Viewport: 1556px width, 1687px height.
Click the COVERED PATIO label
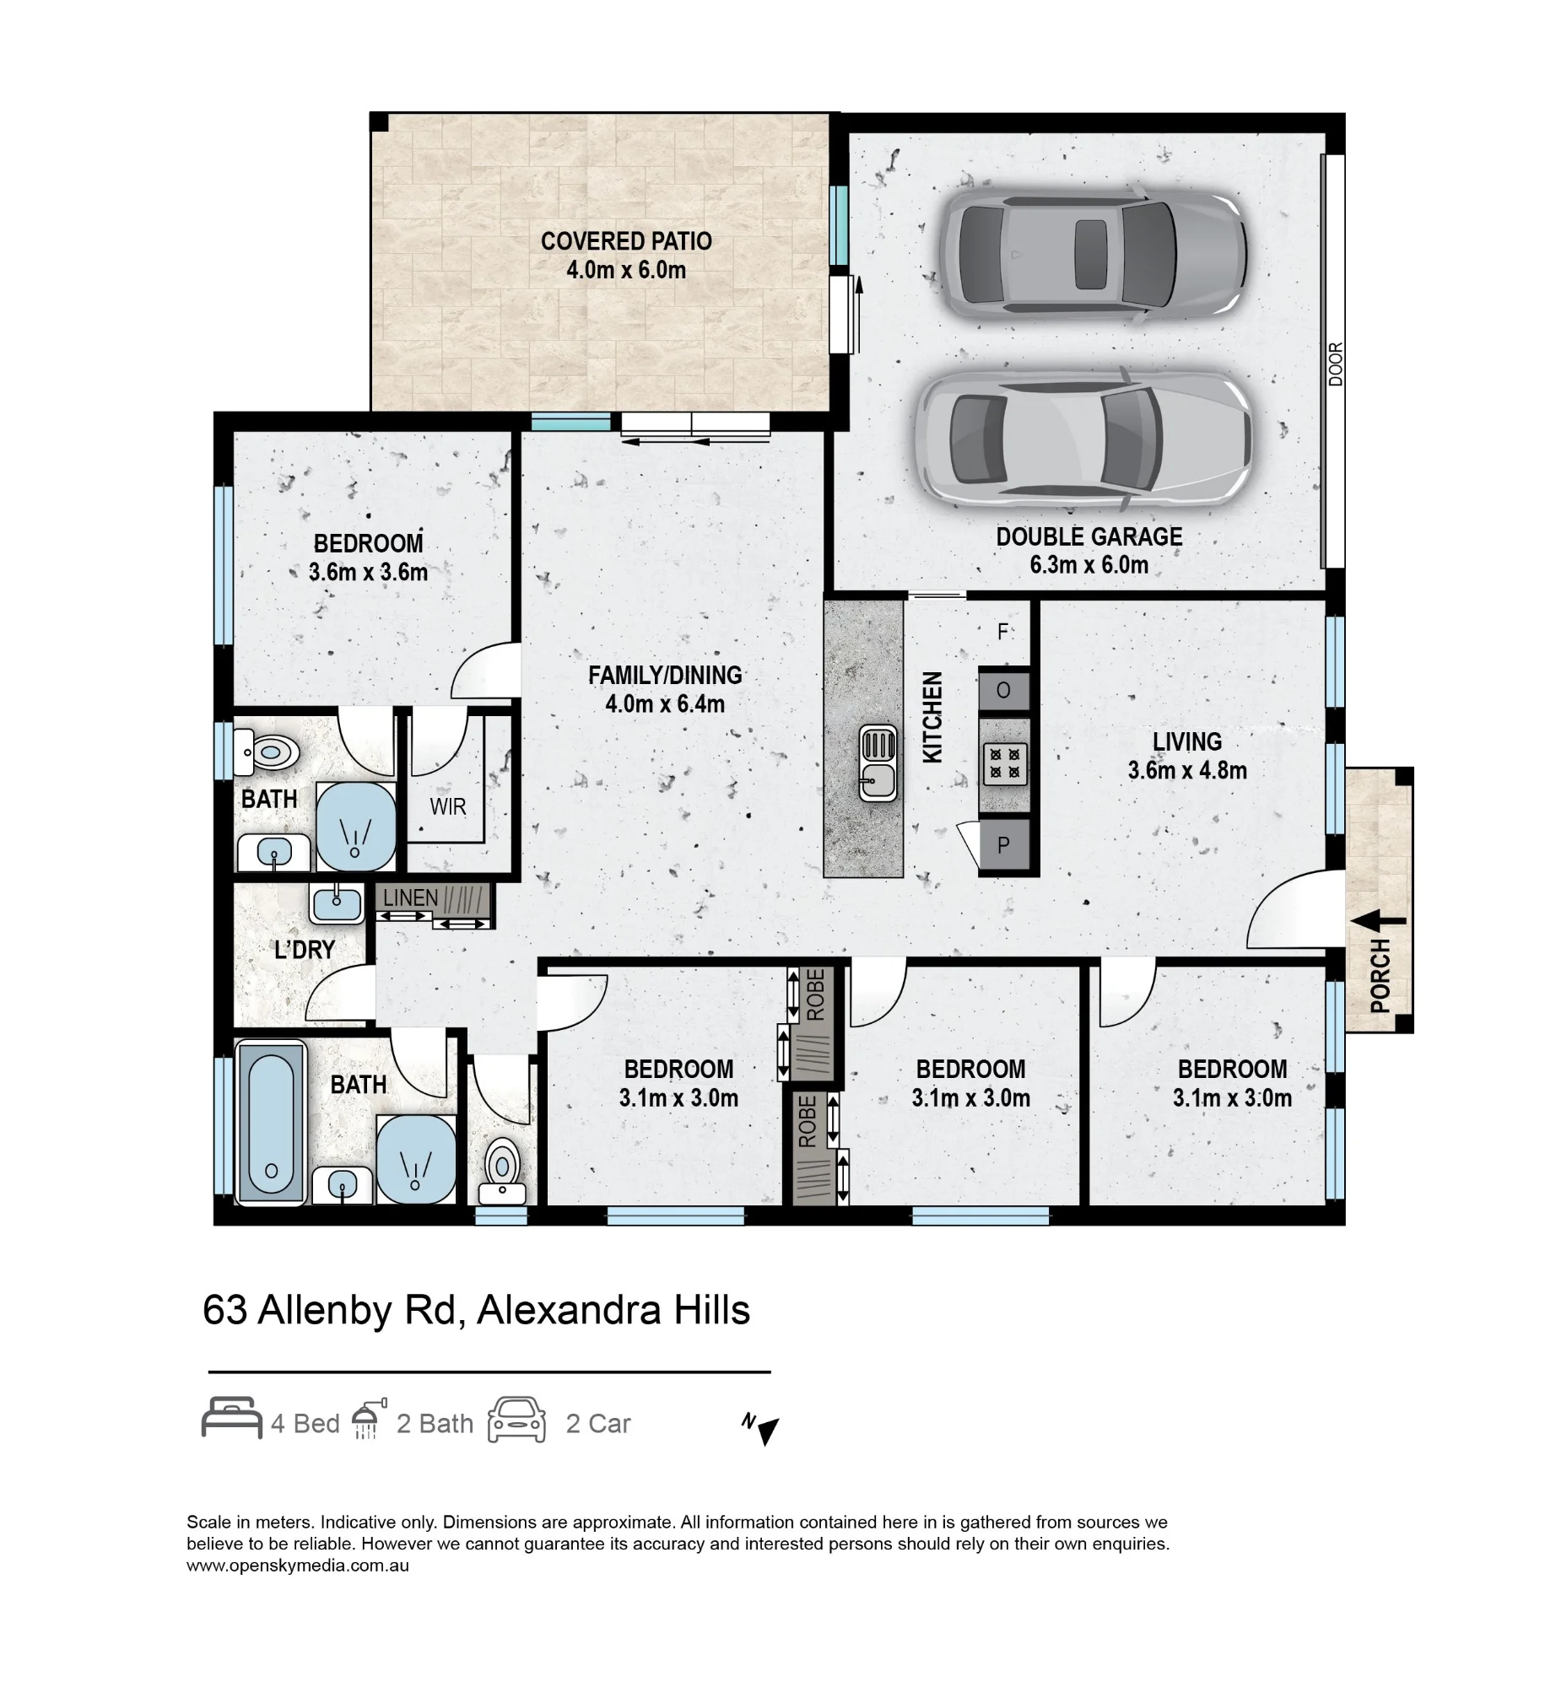(x=626, y=241)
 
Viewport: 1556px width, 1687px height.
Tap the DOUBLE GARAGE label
(x=1089, y=536)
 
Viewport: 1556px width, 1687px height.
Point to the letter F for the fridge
(x=1002, y=632)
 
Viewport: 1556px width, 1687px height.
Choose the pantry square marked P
(x=1004, y=844)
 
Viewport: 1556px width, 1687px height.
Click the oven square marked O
(x=1004, y=691)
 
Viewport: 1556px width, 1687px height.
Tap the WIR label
(x=447, y=807)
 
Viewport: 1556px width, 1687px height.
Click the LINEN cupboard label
(x=411, y=898)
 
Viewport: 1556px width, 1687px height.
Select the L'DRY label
(x=305, y=951)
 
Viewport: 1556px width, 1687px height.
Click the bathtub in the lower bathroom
(x=271, y=1121)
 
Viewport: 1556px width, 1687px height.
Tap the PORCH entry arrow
(x=1378, y=922)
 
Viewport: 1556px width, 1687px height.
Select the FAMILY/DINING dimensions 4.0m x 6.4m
(x=665, y=704)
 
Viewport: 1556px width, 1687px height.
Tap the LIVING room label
(x=1187, y=741)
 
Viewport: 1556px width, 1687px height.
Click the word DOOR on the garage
(x=1335, y=364)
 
